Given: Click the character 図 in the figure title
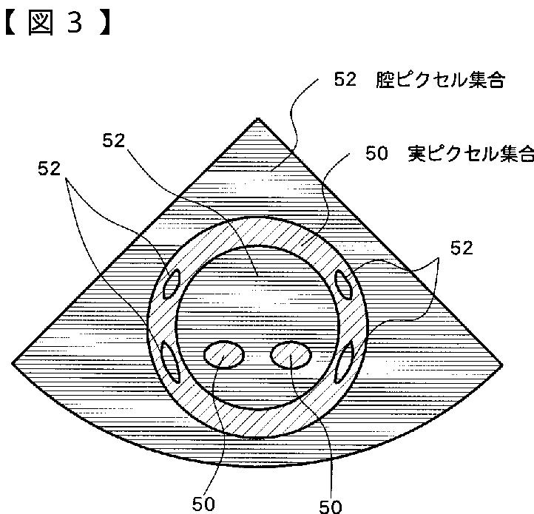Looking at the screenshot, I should (44, 23).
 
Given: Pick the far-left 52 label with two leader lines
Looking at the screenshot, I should (50, 169).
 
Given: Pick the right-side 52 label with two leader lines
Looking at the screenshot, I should (462, 248).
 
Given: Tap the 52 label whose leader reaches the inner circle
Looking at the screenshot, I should (114, 141).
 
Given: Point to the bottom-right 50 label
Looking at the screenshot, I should (331, 506).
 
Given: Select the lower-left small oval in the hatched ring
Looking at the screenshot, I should (169, 361).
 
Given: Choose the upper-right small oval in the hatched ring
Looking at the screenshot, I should (343, 283).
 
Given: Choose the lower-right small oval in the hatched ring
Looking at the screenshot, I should (345, 362).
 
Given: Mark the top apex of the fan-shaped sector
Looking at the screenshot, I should (258, 118).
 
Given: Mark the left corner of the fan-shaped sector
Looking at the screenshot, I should (13, 362).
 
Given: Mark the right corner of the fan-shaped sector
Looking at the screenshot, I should (502, 363).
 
